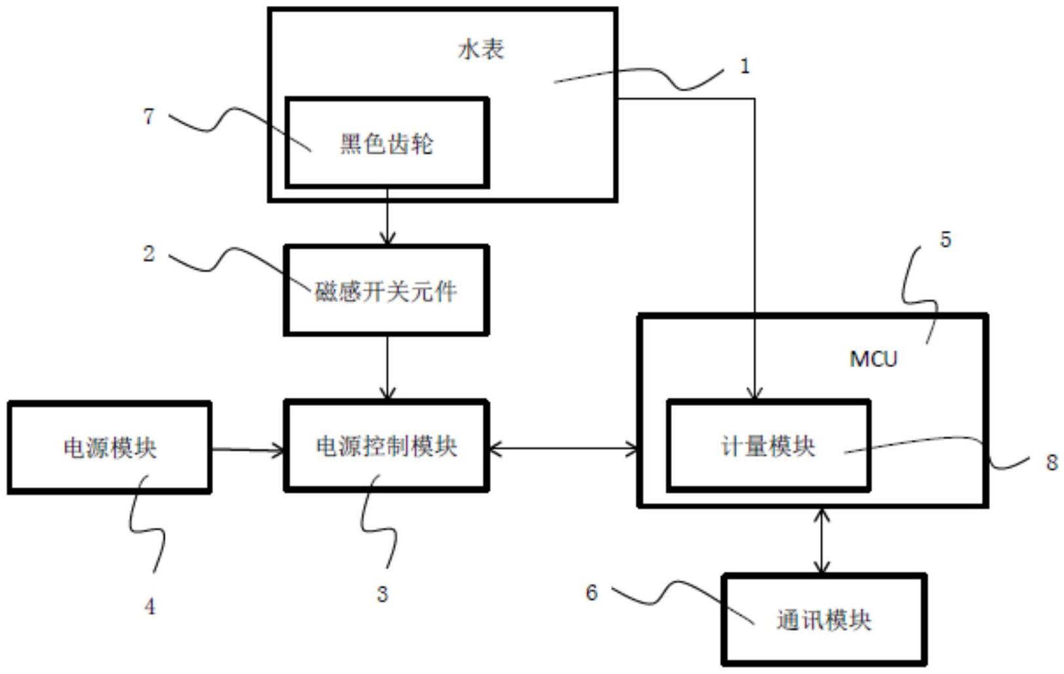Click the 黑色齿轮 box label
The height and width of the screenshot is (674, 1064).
[x=386, y=144]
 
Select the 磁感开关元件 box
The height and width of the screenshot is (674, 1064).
[x=386, y=290]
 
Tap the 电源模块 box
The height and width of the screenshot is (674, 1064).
[x=109, y=448]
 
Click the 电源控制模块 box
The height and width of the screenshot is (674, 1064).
[x=386, y=446]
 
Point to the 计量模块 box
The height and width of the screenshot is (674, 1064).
[x=768, y=446]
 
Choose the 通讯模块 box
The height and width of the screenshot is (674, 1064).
[x=824, y=620]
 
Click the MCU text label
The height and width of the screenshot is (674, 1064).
[x=873, y=359]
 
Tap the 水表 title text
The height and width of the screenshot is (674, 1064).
[x=481, y=49]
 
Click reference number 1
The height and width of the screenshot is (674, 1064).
[x=744, y=66]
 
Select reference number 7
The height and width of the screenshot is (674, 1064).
[x=149, y=116]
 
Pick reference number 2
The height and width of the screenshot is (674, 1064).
[x=149, y=254]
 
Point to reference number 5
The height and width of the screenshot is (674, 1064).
[x=945, y=240]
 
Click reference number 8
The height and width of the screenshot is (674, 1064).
[x=1052, y=462]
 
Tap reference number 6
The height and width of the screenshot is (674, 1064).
[x=591, y=593]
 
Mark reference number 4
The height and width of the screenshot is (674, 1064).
[x=149, y=606]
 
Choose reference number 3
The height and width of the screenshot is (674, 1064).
[x=382, y=594]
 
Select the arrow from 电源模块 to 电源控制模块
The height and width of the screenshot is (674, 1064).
[x=248, y=450]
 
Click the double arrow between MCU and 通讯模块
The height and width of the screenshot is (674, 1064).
[x=821, y=541]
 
